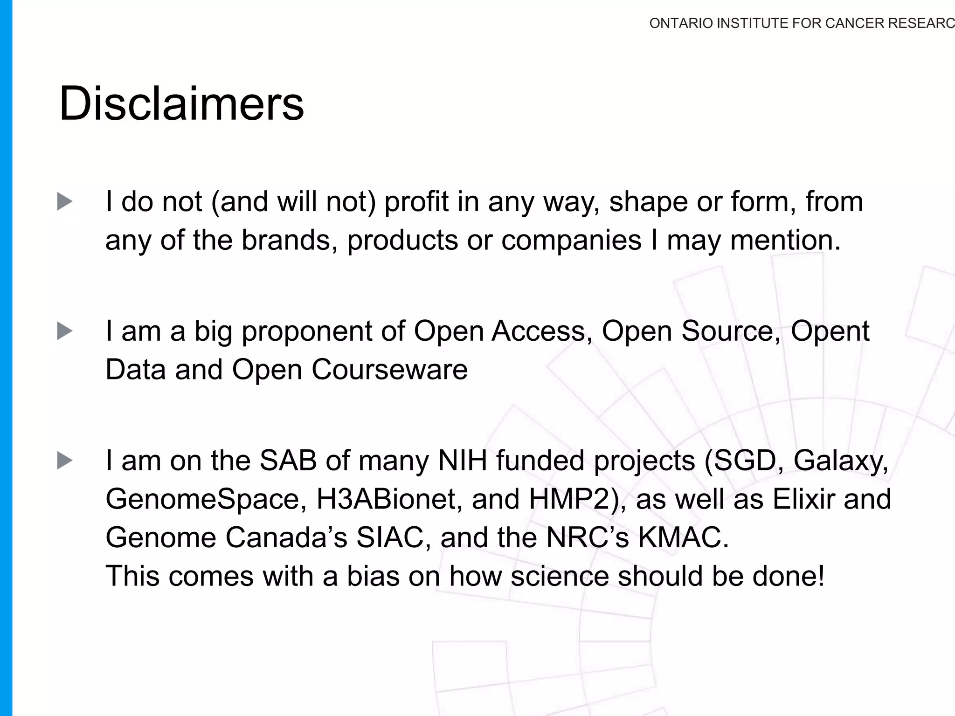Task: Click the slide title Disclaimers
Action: (x=181, y=103)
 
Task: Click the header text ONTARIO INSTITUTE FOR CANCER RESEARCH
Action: (x=801, y=23)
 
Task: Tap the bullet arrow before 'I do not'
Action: (x=65, y=202)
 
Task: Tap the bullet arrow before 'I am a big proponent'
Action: (x=65, y=331)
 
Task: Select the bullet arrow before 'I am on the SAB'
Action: (x=65, y=461)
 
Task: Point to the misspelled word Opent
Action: (x=830, y=331)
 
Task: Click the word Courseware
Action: (x=389, y=370)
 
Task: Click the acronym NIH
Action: (x=462, y=461)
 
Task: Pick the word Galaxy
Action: (x=841, y=461)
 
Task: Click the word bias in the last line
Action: (x=373, y=576)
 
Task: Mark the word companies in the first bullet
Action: (x=571, y=241)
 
